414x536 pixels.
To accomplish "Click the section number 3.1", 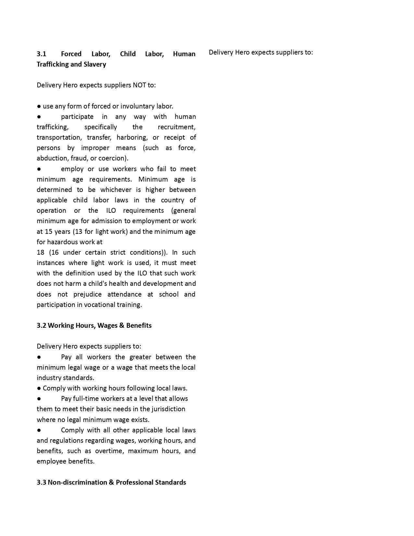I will pos(42,54).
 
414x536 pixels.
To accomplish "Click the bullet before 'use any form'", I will pos(39,106).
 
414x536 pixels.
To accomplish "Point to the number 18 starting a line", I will pos(40,252).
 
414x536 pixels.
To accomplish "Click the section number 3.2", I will pos(41,325).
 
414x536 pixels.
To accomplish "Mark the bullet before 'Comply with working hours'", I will pos(39,388).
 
